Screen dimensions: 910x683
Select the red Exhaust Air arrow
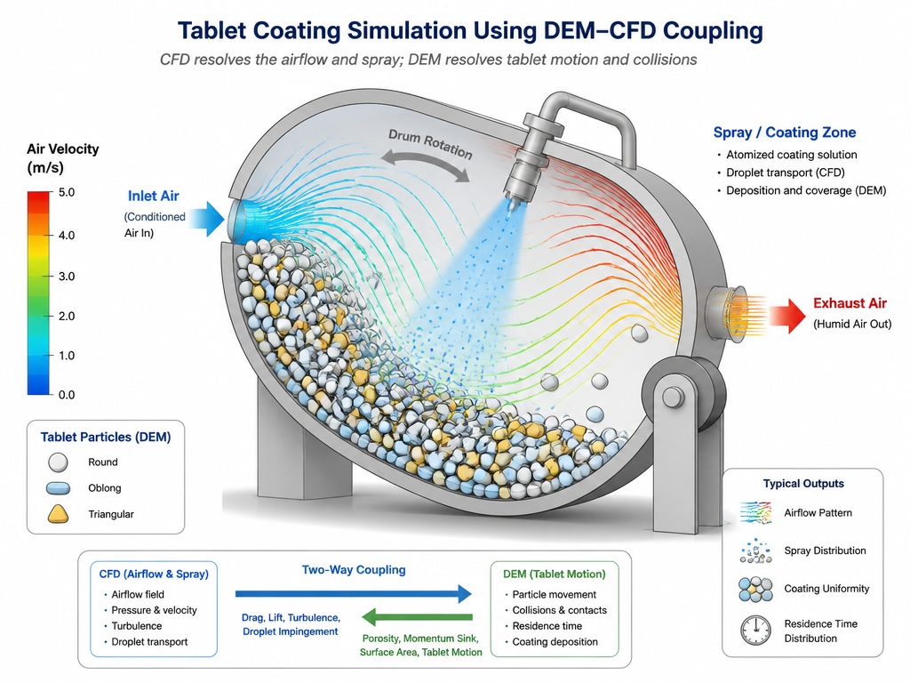787,316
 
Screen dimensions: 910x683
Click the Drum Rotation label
430,144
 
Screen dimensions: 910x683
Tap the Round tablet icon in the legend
58,462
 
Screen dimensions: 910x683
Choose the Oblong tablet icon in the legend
58,488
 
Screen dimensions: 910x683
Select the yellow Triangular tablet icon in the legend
58,514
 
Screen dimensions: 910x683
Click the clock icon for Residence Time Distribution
755,630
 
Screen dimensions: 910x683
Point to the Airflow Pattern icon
756,513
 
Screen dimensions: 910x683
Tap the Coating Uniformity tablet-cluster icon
755,590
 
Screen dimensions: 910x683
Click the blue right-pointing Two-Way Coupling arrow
354,593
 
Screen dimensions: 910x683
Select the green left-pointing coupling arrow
417,617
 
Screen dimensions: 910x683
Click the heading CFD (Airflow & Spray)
154,574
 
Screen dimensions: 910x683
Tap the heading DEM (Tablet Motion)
555,574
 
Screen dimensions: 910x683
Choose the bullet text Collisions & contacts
560,610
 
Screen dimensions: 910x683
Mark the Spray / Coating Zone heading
785,133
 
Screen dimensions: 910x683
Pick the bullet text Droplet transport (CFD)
786,173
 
